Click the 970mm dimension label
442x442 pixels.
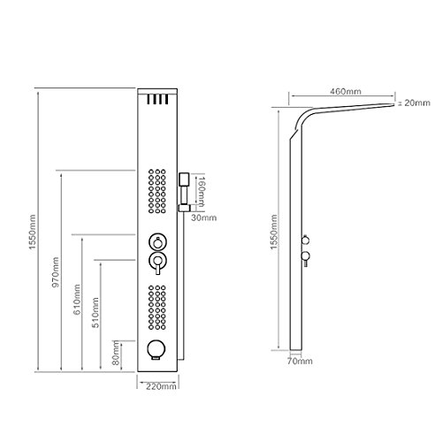[56, 272]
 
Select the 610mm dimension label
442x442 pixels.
[77, 299]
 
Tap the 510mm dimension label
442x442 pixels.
[95, 313]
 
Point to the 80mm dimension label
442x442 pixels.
[116, 353]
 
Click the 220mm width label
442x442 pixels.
[161, 386]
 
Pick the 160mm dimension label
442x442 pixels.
[201, 192]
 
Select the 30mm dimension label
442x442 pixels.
[203, 217]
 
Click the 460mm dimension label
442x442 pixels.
[346, 91]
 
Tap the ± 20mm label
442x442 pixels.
[414, 103]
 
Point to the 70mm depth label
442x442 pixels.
[300, 361]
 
